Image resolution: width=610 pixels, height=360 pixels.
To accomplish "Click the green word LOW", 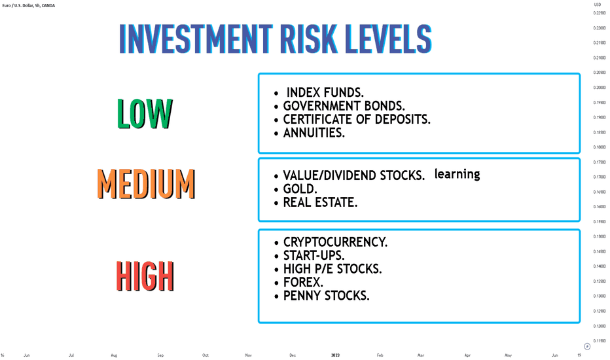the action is pyautogui.click(x=145, y=114).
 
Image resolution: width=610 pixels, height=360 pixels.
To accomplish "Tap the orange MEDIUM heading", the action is pyautogui.click(x=146, y=184).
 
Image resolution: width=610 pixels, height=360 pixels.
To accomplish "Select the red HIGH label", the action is pyautogui.click(x=145, y=276).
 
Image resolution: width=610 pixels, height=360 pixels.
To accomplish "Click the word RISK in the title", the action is pyautogui.click(x=309, y=39).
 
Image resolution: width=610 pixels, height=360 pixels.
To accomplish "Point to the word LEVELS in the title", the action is pyautogui.click(x=388, y=39).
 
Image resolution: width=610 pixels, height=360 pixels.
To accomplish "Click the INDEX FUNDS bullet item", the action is pyautogui.click(x=325, y=93).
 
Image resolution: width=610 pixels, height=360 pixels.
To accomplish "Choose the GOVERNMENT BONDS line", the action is pyautogui.click(x=344, y=106).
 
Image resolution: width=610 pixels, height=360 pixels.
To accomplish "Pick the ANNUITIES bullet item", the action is pyautogui.click(x=314, y=133).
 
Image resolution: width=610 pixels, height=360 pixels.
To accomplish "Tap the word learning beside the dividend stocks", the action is pyautogui.click(x=457, y=174).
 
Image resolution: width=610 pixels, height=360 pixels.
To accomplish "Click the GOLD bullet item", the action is pyautogui.click(x=300, y=189).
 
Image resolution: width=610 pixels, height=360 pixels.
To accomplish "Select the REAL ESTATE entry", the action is pyautogui.click(x=320, y=202).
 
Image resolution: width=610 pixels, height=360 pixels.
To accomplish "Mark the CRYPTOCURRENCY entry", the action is pyautogui.click(x=335, y=242).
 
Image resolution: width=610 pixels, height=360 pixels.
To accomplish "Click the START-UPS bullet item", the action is pyautogui.click(x=314, y=256).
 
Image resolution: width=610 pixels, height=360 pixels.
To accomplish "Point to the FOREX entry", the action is pyautogui.click(x=303, y=282).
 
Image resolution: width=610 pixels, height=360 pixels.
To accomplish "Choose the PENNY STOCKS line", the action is pyautogui.click(x=327, y=296).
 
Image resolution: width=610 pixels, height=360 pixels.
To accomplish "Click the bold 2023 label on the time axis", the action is pyautogui.click(x=335, y=355).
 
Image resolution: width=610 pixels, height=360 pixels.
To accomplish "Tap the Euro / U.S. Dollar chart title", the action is pyautogui.click(x=28, y=6).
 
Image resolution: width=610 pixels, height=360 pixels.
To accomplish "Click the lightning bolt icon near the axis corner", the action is pyautogui.click(x=587, y=346).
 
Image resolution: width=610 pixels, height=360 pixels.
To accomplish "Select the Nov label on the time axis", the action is pyautogui.click(x=249, y=355).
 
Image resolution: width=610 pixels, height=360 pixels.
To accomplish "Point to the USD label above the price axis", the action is pyautogui.click(x=597, y=5).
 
